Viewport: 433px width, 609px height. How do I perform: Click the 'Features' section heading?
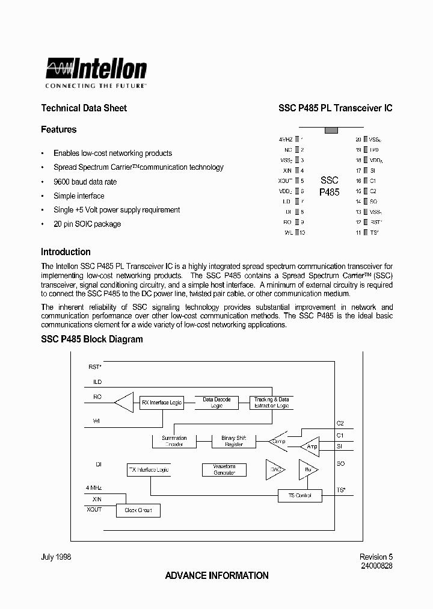coord(58,129)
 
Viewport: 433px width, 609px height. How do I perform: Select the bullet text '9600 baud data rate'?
coord(85,182)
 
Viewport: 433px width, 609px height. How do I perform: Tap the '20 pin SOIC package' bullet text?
coord(87,224)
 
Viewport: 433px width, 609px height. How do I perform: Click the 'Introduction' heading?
coord(66,252)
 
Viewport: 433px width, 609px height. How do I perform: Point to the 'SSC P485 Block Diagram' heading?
coord(91,339)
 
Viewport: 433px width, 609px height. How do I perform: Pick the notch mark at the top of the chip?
coord(331,129)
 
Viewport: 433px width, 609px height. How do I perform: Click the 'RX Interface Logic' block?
coord(161,402)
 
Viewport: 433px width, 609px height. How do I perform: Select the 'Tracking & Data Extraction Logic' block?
coord(271,403)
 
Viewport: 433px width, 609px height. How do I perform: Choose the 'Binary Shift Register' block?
coord(234,441)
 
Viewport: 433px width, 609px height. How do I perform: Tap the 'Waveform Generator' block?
coord(224,469)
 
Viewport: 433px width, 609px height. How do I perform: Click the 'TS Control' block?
coord(299,495)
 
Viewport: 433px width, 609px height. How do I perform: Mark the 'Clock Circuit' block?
coord(138,510)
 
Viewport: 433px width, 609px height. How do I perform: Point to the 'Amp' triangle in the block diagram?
coord(312,447)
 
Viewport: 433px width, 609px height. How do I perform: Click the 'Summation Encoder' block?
coord(174,441)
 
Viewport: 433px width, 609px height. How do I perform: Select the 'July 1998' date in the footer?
coord(56,557)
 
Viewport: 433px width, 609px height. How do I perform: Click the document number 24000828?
coord(376,566)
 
